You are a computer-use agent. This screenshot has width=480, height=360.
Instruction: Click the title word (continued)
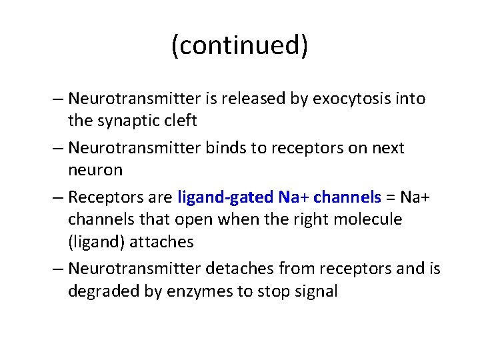(x=240, y=46)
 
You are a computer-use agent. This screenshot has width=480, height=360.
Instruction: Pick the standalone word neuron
(x=95, y=170)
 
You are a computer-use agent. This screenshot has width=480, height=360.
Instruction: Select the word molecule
(x=365, y=219)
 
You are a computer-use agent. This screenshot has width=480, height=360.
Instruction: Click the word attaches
(x=165, y=241)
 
